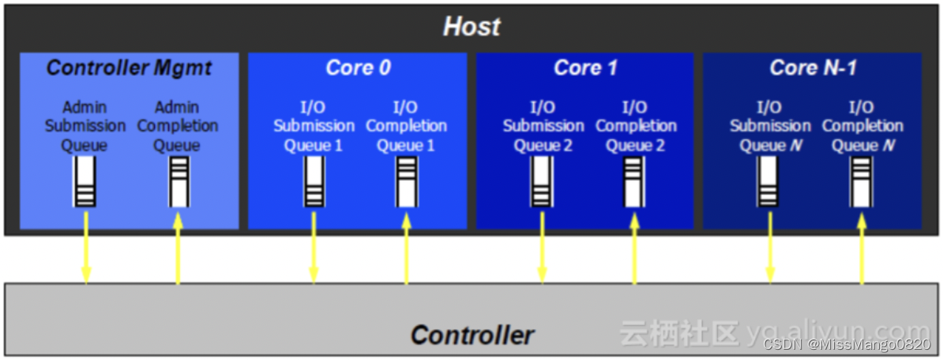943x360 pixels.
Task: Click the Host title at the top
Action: (x=471, y=27)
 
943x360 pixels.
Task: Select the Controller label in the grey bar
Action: (x=472, y=335)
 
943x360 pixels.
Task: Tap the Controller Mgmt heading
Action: (x=129, y=68)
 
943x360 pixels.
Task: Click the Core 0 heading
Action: (x=358, y=68)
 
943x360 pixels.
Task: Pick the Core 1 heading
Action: (x=585, y=68)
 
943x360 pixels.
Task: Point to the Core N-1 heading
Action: (x=813, y=68)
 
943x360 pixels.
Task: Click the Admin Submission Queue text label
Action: (x=85, y=126)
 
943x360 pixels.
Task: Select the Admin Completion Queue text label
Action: (x=178, y=126)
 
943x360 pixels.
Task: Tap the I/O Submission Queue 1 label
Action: (x=314, y=126)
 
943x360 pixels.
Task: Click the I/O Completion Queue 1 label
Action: (x=407, y=126)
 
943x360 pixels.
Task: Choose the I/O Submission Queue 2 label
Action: (x=543, y=126)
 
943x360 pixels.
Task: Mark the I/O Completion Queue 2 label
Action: (x=636, y=126)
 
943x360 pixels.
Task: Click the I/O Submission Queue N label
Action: (x=770, y=126)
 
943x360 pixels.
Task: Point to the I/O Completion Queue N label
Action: (x=862, y=126)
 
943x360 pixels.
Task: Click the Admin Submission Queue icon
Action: (x=85, y=182)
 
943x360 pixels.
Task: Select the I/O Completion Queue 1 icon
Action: (x=407, y=182)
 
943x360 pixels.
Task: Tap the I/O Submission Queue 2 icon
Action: (x=542, y=182)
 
